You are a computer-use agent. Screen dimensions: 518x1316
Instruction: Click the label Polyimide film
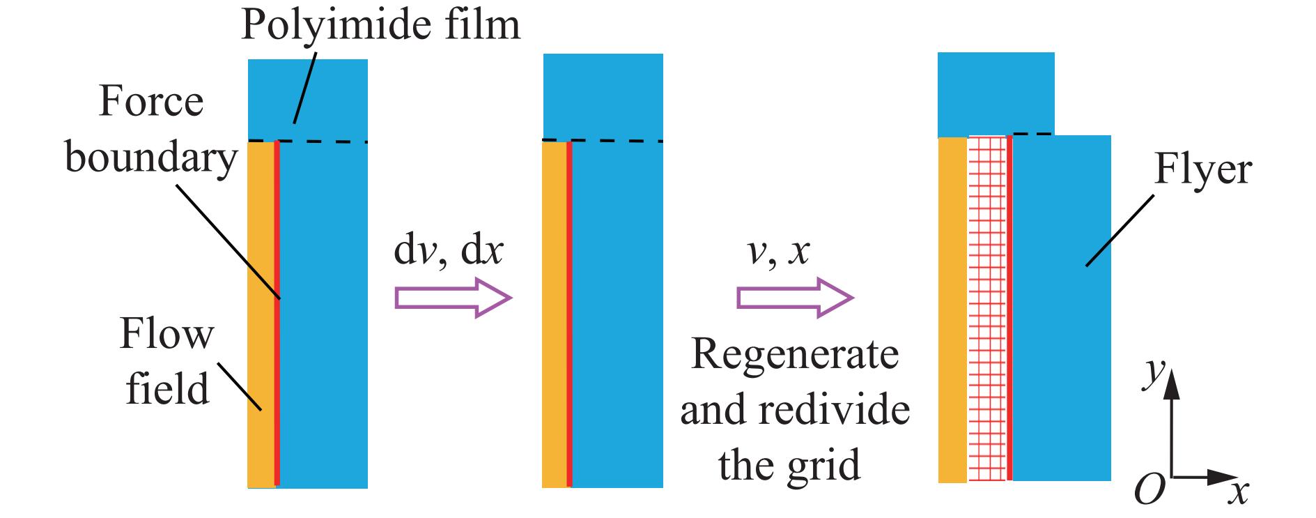pyautogui.click(x=380, y=25)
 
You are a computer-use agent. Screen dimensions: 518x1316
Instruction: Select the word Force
pyautogui.click(x=151, y=102)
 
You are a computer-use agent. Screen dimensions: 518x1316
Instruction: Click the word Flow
pyautogui.click(x=167, y=334)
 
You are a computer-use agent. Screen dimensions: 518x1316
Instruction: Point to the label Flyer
pyautogui.click(x=1202, y=169)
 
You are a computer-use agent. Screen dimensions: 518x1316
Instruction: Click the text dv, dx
pyautogui.click(x=448, y=252)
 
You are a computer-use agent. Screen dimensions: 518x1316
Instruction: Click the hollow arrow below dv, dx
pyautogui.click(x=454, y=298)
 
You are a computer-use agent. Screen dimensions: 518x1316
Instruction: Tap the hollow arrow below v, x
pyautogui.click(x=795, y=298)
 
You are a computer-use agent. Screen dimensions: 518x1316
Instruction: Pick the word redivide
pyautogui.click(x=834, y=409)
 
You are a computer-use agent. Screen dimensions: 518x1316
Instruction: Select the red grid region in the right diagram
pyautogui.click(x=987, y=307)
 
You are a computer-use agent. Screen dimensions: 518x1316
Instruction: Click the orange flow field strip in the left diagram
pyautogui.click(x=261, y=314)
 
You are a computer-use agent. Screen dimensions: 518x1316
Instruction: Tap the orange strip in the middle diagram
pyautogui.click(x=554, y=314)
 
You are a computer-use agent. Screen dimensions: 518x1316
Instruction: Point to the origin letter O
pyautogui.click(x=1149, y=490)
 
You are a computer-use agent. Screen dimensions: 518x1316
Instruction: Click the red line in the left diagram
pyautogui.click(x=277, y=314)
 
